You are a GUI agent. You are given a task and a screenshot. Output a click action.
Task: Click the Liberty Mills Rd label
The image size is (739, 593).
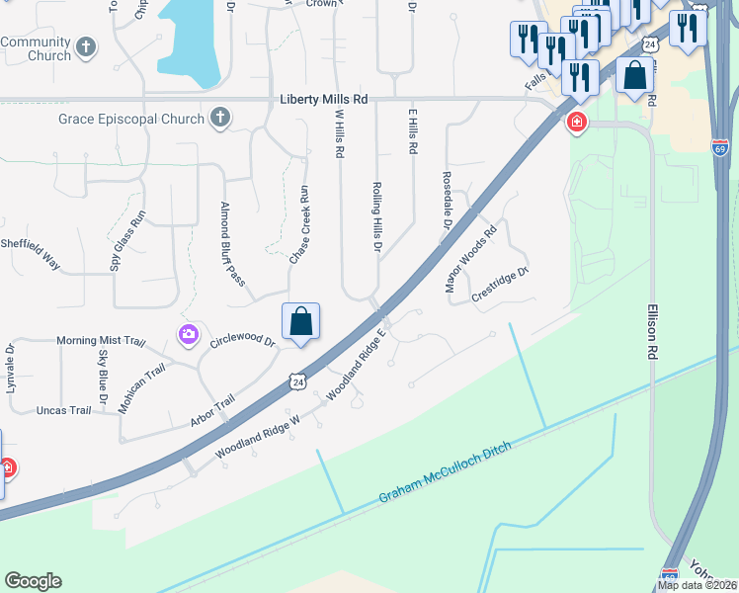tap(323, 100)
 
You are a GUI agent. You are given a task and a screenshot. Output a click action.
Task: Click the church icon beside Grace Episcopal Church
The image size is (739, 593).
tap(220, 120)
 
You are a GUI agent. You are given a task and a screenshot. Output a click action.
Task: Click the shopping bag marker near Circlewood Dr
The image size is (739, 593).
tap(301, 322)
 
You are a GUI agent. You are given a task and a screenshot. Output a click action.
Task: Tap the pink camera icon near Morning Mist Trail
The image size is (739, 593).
tap(187, 335)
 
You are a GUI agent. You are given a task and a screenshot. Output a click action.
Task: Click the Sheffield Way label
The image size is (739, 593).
tap(30, 253)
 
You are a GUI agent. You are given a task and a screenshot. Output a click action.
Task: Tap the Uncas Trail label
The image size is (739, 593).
tap(63, 410)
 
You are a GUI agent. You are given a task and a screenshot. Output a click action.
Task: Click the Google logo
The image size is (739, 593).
tap(33, 581)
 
